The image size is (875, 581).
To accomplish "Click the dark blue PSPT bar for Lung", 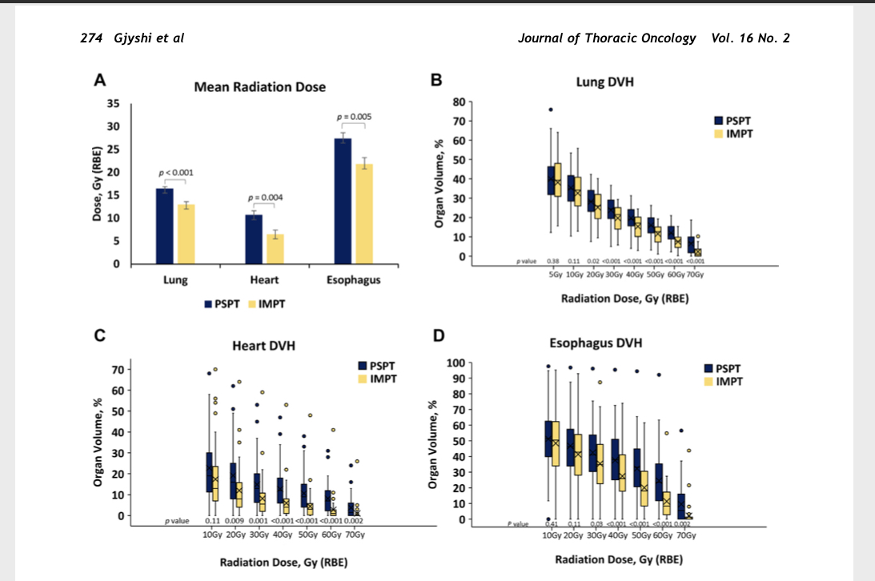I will tap(164, 226).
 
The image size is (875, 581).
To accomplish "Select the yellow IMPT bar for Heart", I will tap(275, 248).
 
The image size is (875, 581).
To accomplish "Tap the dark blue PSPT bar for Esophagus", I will tap(343, 200).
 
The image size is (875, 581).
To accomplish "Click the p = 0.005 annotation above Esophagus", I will tap(355, 117).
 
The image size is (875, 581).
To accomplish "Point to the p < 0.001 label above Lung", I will tap(175, 172).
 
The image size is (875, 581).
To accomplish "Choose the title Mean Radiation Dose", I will tap(259, 86).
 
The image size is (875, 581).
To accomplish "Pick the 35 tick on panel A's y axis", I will tap(113, 104).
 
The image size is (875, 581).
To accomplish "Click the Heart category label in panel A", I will tap(264, 280).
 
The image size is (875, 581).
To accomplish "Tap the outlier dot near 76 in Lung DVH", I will tap(551, 110).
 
